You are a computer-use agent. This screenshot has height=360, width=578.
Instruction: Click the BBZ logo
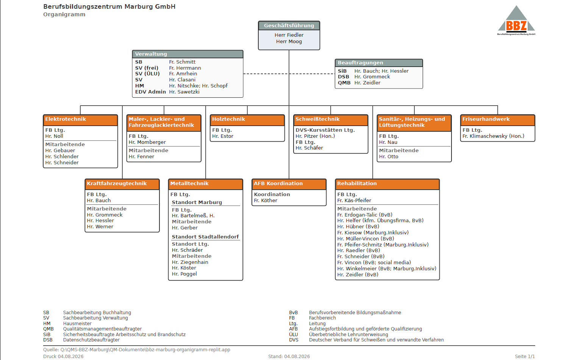516,20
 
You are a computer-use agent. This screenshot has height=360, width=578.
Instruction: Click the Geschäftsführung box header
289,25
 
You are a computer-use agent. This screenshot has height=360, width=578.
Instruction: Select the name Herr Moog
289,42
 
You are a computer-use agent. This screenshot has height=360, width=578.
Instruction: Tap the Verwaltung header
187,54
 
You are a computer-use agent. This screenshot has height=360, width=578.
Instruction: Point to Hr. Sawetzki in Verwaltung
184,92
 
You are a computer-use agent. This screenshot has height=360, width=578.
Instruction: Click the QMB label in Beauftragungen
344,83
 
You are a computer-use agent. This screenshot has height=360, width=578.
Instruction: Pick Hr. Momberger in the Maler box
147,142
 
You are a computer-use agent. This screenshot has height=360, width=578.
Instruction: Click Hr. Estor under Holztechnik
223,136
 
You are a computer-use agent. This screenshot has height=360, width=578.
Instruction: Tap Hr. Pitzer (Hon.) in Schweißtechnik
315,136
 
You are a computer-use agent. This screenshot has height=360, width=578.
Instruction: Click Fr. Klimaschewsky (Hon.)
494,136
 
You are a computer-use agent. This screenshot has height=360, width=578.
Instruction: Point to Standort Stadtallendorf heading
205,237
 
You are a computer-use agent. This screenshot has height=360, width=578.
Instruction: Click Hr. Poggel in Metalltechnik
184,274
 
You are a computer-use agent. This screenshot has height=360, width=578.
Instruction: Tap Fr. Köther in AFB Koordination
266,200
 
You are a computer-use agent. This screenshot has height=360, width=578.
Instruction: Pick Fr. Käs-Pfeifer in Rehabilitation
354,200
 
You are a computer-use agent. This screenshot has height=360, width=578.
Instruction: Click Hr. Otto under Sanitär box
389,157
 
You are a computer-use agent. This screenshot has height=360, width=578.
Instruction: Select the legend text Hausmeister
77,323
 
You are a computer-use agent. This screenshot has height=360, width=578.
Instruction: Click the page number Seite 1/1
525,356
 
